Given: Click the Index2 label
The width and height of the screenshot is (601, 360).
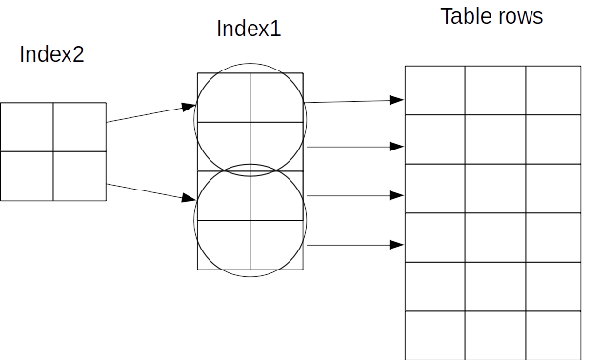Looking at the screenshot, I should (x=52, y=54).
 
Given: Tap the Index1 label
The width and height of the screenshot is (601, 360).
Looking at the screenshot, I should (x=250, y=30).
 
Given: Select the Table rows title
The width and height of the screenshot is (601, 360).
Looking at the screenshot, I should (x=491, y=17).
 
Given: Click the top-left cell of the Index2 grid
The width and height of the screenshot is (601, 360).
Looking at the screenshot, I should (x=27, y=128).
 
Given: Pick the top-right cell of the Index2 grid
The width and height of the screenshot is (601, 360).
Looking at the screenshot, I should (x=80, y=128).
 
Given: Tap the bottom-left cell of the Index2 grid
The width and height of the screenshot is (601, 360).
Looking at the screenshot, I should (x=27, y=176).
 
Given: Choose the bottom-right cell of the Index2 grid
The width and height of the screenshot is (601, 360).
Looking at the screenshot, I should (x=80, y=176).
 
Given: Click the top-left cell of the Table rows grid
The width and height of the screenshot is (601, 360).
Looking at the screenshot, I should (x=434, y=90).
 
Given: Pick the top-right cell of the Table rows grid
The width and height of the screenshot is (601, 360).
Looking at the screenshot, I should (x=553, y=90).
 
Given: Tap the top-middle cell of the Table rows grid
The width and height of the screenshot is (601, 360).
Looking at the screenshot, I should (x=494, y=90).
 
